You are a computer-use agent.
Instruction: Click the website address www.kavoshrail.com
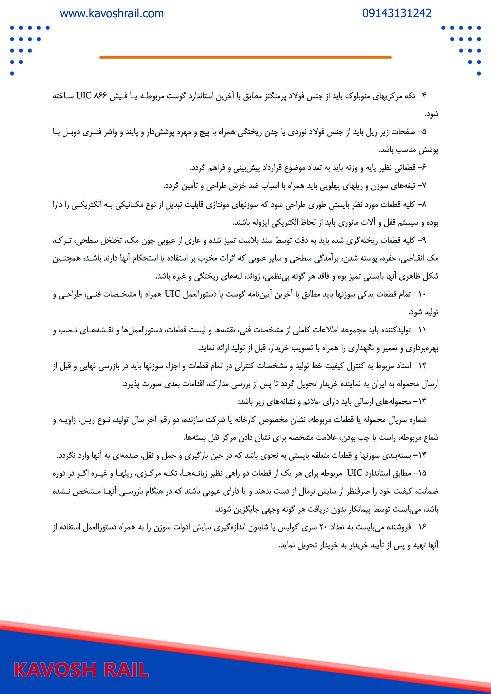[112, 14]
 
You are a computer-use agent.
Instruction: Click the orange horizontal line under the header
[245, 57]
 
